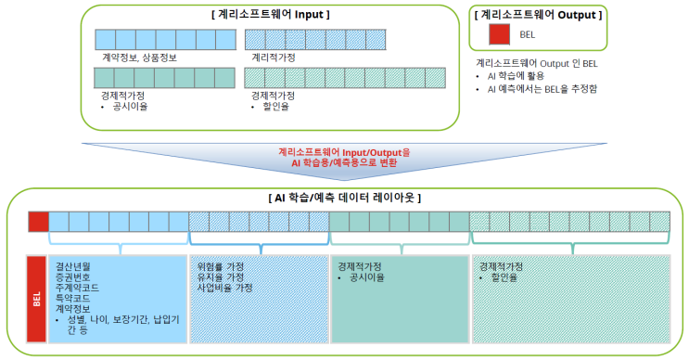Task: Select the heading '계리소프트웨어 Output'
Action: pyautogui.click(x=538, y=15)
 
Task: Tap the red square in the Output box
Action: pyautogui.click(x=498, y=35)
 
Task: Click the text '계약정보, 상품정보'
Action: pyautogui.click(x=140, y=58)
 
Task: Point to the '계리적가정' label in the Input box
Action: pyautogui.click(x=274, y=58)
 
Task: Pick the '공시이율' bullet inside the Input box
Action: pyautogui.click(x=130, y=107)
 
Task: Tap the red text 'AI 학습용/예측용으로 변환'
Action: pyautogui.click(x=343, y=161)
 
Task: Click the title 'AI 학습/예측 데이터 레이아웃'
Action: pyautogui.click(x=344, y=198)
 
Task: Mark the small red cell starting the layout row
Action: pyautogui.click(x=38, y=221)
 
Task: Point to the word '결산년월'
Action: pyautogui.click(x=73, y=265)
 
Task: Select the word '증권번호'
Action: pyautogui.click(x=73, y=276)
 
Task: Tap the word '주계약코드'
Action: pyautogui.click(x=77, y=288)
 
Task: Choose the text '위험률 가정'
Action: pyautogui.click(x=221, y=265)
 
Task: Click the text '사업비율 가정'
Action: pyautogui.click(x=224, y=288)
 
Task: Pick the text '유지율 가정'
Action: pyautogui.click(x=221, y=276)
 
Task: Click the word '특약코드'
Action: pyautogui.click(x=73, y=299)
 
